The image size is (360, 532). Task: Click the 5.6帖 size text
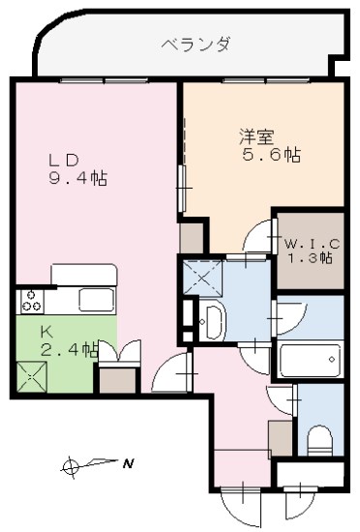coord(267,154)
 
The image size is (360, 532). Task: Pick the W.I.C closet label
coord(308,242)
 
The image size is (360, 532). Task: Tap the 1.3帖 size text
coord(309,258)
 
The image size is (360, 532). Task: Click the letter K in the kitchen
coord(45,331)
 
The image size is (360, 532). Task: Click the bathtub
coord(309,362)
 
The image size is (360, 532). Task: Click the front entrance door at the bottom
coord(237,498)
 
